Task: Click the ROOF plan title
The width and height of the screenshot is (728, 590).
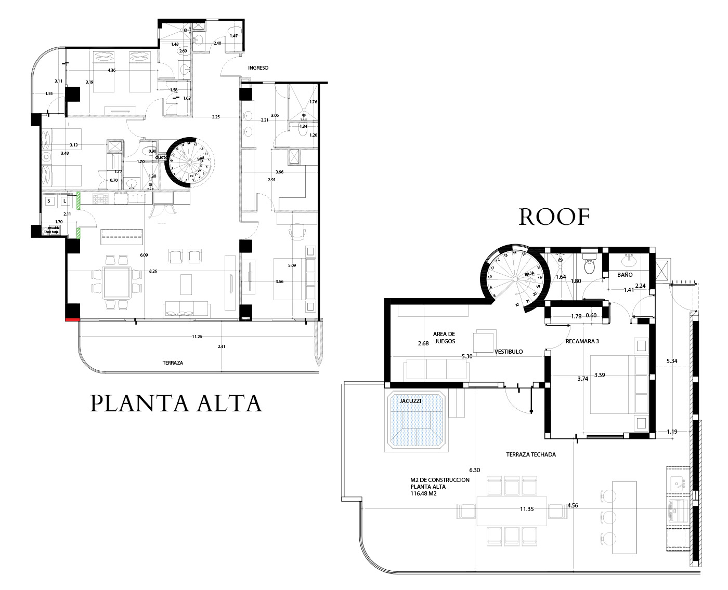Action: coord(554,217)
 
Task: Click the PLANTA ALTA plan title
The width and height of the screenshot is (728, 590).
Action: coord(176,404)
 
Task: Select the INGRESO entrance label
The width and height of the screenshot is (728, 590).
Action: coord(258,68)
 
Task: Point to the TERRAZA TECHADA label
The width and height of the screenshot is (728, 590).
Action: coord(531,454)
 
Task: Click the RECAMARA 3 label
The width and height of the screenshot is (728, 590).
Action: coord(582,341)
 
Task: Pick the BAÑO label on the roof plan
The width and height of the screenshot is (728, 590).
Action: coord(625,275)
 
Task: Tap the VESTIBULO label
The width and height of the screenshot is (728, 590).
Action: coord(509,352)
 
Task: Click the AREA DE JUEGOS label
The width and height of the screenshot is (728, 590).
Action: coord(444,338)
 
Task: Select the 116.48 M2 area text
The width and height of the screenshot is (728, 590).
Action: coord(423,494)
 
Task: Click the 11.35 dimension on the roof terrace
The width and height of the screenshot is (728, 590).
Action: coord(527,509)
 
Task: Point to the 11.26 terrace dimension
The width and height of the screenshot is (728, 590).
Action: coord(197,337)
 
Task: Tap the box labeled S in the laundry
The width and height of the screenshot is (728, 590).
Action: coord(49,200)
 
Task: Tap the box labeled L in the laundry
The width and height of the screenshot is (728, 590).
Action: coord(65,200)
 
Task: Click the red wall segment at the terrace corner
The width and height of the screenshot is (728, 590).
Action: coord(72,319)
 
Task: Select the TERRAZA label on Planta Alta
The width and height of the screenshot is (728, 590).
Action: coord(173,363)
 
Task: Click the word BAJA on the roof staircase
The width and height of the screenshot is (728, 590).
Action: coord(529,274)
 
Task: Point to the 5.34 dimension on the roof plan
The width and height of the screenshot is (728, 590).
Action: coord(672,361)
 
